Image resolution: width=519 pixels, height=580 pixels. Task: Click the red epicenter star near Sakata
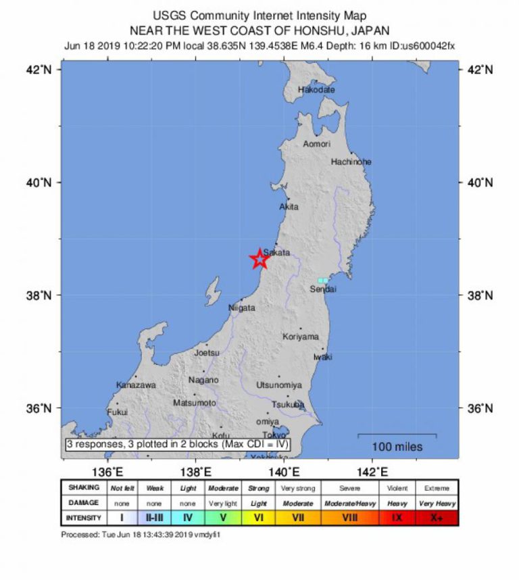click(x=259, y=259)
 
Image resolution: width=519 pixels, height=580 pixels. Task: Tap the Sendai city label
click(x=323, y=289)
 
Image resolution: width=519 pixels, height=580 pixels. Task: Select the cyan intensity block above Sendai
click(x=323, y=280)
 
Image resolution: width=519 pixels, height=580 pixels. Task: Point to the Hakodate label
click(x=316, y=90)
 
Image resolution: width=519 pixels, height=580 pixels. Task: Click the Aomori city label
click(x=316, y=144)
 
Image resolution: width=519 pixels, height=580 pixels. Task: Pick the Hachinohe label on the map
click(x=351, y=162)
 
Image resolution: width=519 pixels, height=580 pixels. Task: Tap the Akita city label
click(x=289, y=207)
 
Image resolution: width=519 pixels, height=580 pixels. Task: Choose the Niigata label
click(x=242, y=308)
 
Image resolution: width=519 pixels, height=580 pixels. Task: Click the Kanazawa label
click(x=136, y=385)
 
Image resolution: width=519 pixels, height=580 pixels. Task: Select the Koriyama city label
click(x=301, y=337)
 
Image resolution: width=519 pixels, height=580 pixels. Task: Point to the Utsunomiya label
click(x=278, y=385)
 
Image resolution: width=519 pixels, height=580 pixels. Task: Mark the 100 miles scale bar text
click(x=397, y=447)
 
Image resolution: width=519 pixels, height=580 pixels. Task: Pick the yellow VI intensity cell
click(x=258, y=518)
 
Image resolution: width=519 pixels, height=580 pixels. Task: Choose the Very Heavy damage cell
click(x=436, y=504)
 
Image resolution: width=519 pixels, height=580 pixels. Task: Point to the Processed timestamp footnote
click(x=141, y=535)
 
